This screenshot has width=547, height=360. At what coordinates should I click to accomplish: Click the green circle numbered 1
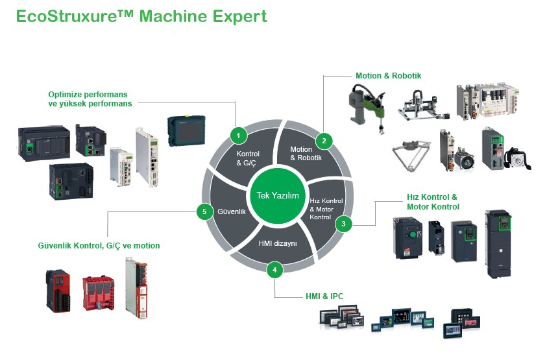click(x=239, y=136)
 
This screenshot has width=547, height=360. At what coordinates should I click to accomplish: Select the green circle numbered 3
click(x=343, y=224)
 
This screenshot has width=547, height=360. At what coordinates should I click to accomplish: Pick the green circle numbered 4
click(x=274, y=269)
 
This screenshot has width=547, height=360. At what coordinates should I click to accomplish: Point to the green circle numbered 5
click(x=204, y=211)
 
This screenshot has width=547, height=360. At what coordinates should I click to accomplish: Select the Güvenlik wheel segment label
click(x=231, y=211)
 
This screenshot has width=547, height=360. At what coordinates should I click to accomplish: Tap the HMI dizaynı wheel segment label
click(x=278, y=243)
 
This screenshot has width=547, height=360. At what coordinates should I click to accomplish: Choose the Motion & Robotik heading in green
click(x=388, y=76)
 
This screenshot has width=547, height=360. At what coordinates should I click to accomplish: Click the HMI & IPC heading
click(x=324, y=296)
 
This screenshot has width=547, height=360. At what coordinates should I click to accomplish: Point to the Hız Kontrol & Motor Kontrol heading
click(x=432, y=202)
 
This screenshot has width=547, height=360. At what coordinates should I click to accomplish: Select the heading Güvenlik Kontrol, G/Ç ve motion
click(x=99, y=246)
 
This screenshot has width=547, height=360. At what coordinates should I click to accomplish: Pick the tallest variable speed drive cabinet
click(x=499, y=243)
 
